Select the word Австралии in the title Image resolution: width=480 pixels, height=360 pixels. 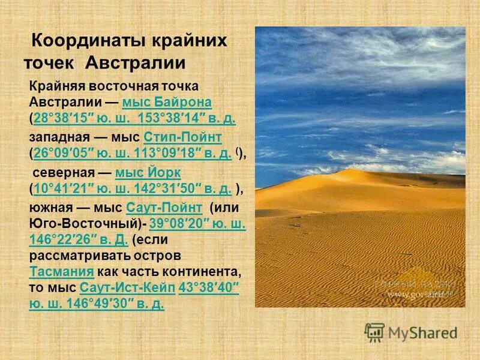pyautogui.click(x=136, y=62)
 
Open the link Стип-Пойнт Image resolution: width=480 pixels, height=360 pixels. pyautogui.click(x=183, y=137)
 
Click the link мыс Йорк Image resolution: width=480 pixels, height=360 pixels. pyautogui.click(x=148, y=173)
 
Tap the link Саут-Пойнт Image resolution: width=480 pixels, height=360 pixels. pyautogui.click(x=164, y=208)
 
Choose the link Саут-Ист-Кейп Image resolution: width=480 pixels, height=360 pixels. pyautogui.click(x=127, y=287)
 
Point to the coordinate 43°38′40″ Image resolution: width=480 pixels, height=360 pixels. pyautogui.click(x=209, y=287)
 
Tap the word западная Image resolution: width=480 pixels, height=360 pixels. pyautogui.click(x=56, y=137)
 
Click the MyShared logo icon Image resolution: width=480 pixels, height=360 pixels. pyautogui.click(x=374, y=332)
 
